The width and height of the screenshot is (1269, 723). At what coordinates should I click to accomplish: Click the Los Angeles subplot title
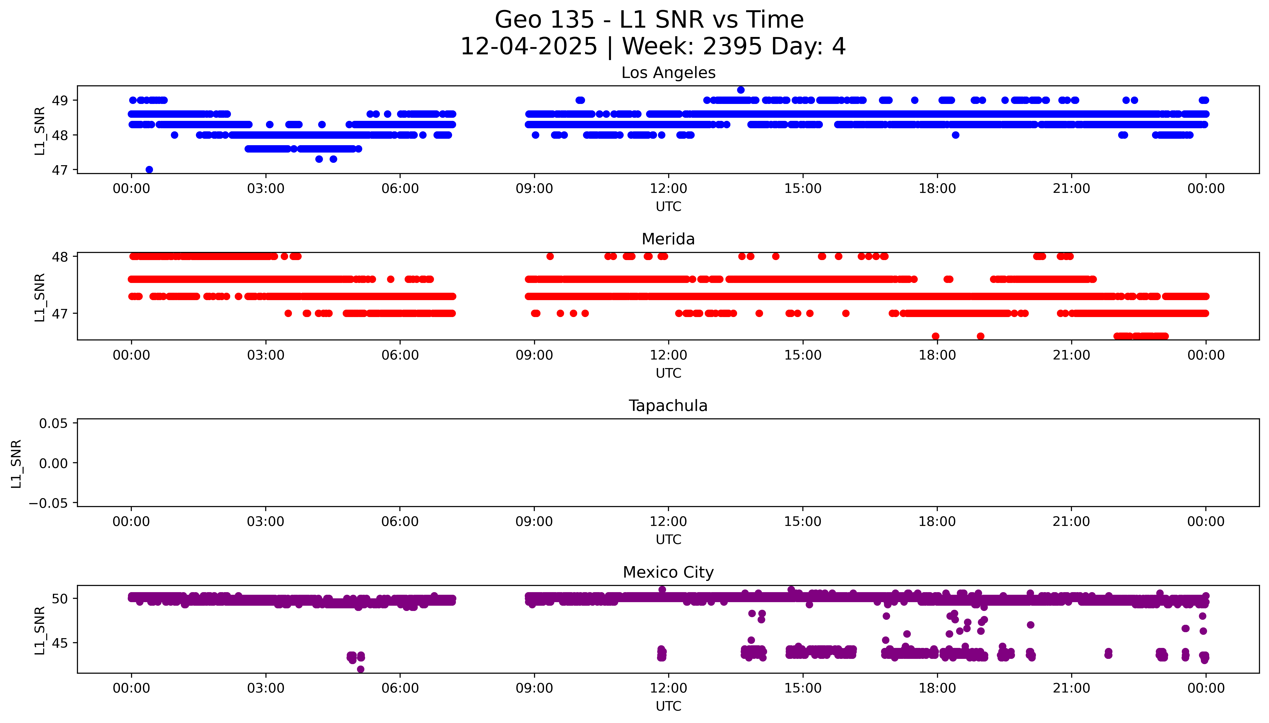tap(668, 73)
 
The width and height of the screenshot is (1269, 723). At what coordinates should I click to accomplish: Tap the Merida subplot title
tap(668, 239)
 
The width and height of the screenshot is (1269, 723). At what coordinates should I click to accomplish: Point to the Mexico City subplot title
tap(668, 573)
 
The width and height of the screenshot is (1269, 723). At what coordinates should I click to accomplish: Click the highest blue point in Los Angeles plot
tap(740, 90)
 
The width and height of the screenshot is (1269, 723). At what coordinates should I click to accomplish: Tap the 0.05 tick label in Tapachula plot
tap(54, 424)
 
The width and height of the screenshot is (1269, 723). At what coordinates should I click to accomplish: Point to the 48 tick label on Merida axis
tap(60, 257)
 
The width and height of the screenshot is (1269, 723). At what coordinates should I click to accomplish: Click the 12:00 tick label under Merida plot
tap(668, 356)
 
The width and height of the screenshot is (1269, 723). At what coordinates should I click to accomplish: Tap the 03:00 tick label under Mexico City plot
tap(265, 688)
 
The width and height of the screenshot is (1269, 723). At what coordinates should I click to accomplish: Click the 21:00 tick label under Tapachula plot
tap(1071, 522)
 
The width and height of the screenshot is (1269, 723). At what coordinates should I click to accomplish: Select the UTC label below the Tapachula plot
tap(668, 540)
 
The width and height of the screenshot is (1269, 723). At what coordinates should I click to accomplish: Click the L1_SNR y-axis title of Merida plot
tap(40, 297)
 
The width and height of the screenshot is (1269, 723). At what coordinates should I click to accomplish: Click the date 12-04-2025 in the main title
tap(529, 47)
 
